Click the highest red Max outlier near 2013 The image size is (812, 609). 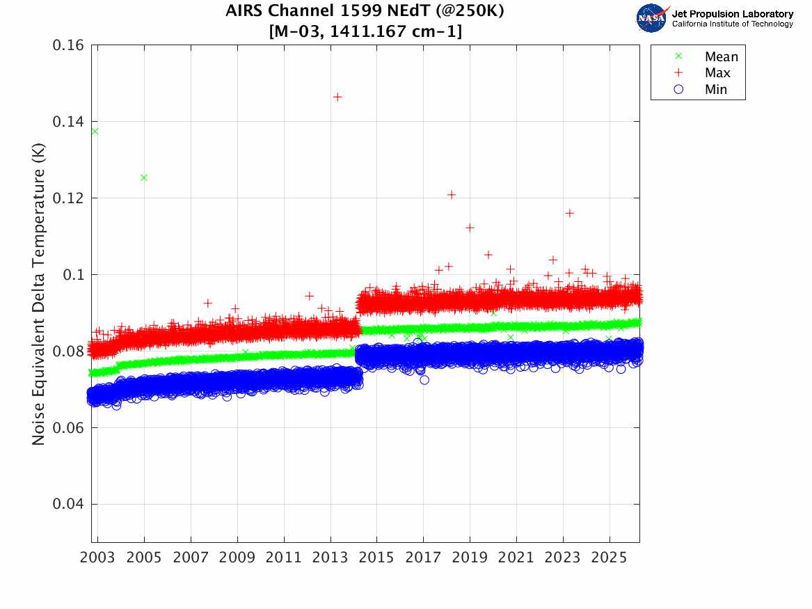click(337, 97)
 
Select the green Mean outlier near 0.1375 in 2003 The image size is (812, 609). click(95, 131)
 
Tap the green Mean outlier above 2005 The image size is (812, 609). click(144, 177)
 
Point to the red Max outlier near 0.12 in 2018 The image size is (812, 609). click(452, 194)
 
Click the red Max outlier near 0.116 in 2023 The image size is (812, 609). click(569, 213)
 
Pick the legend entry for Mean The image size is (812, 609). click(721, 57)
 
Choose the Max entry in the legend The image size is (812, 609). click(717, 73)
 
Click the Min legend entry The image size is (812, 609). click(716, 89)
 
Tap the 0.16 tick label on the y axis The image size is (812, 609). click(68, 45)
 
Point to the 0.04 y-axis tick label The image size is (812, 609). click(68, 504)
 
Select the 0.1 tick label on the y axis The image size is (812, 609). click(73, 275)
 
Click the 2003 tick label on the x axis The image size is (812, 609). click(98, 558)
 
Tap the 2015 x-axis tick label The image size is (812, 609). click(376, 558)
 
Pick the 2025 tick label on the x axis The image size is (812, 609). click(609, 558)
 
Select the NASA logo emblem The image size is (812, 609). click(653, 18)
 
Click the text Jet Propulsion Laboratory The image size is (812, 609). click(732, 14)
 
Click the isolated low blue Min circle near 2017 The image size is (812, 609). click(424, 380)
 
